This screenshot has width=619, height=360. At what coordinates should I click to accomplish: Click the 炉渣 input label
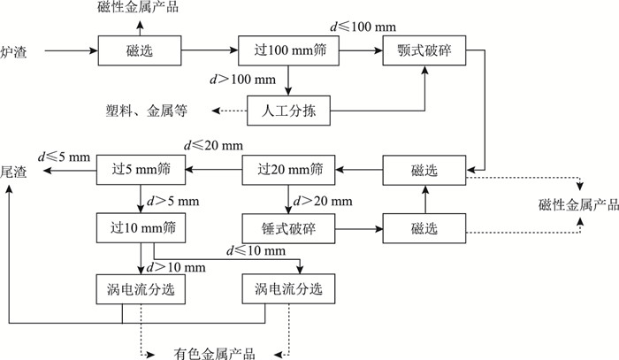(14, 53)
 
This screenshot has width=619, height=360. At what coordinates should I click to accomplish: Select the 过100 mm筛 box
(289, 53)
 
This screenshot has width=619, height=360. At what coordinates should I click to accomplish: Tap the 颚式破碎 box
(424, 53)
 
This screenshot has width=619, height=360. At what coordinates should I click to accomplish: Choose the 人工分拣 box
(288, 111)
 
